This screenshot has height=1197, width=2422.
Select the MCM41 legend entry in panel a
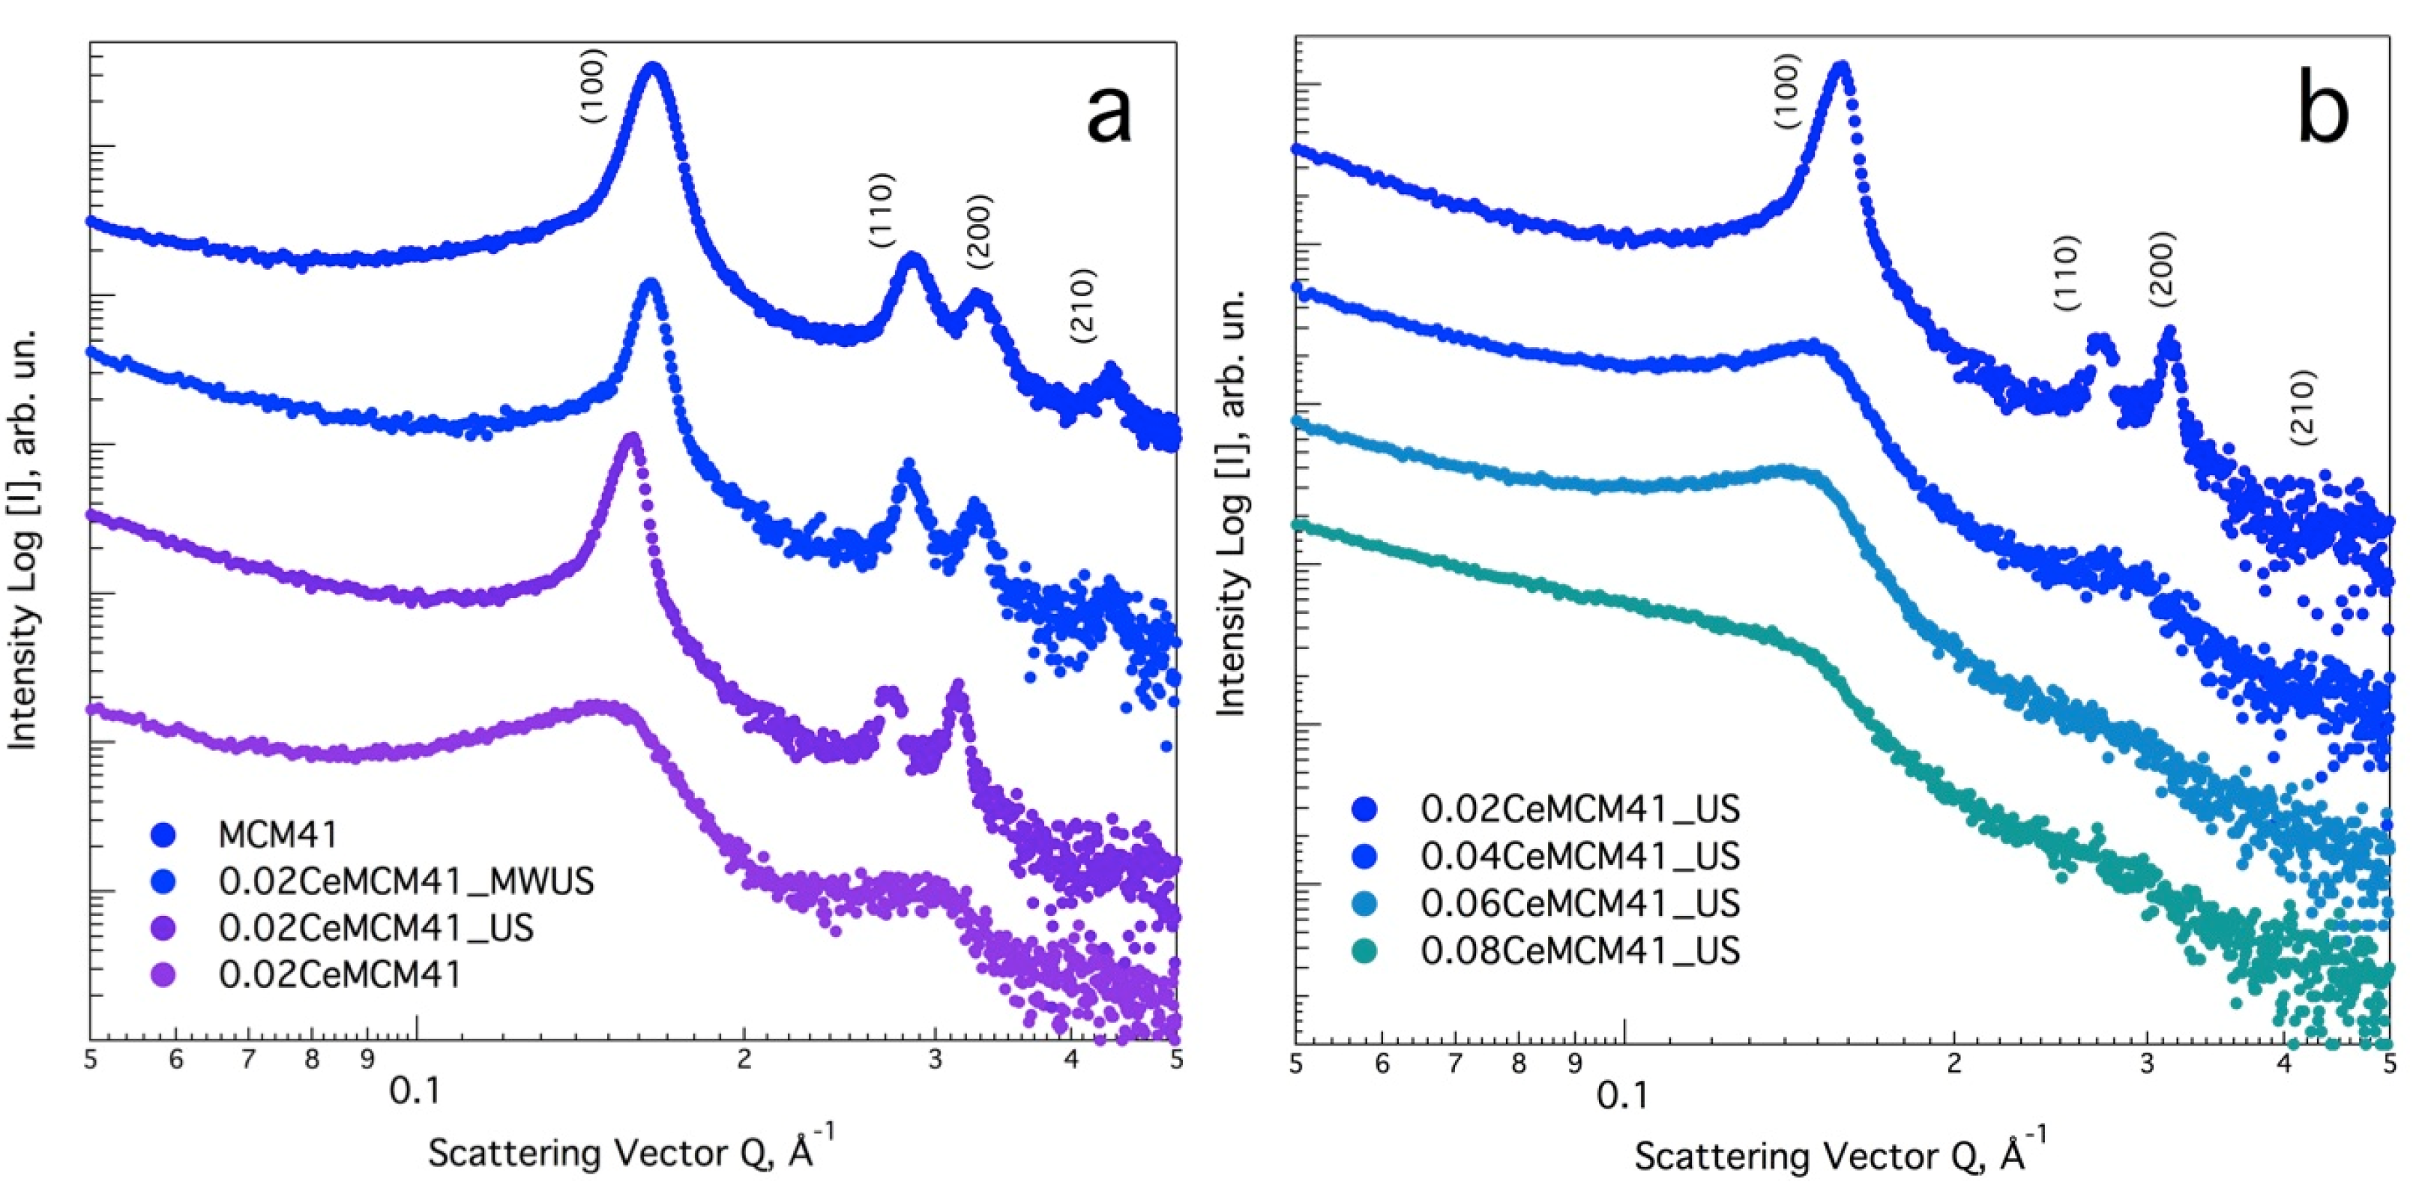(x=277, y=834)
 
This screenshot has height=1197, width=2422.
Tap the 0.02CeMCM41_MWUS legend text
(x=406, y=881)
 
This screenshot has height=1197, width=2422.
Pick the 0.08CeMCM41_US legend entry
(x=1579, y=950)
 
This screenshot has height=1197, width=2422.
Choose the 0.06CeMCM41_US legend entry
(x=1579, y=904)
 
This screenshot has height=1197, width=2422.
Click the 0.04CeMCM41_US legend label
(x=1579, y=857)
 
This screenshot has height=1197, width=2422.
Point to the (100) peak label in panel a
(x=593, y=86)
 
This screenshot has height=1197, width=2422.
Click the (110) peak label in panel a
(x=882, y=211)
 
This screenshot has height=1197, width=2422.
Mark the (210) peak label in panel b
(x=2303, y=407)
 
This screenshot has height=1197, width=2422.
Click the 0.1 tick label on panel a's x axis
(x=415, y=1091)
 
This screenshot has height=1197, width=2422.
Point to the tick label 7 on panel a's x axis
(x=248, y=1060)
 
